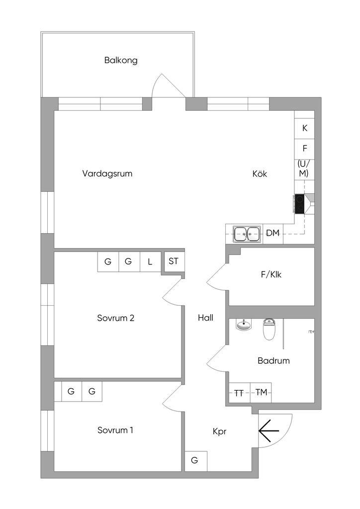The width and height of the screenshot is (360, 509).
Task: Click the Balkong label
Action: point(121,60)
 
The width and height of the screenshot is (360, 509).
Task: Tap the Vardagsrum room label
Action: point(107,173)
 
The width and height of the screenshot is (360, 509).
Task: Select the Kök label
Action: point(260,173)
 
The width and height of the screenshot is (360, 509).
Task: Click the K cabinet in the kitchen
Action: point(304,129)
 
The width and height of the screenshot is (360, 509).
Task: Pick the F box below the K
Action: point(304,149)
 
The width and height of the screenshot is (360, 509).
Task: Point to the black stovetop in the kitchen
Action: point(300,203)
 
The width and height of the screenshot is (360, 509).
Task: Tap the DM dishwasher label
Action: point(272,233)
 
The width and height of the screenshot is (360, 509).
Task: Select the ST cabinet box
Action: point(174,261)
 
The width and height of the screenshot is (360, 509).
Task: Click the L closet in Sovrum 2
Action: point(150,261)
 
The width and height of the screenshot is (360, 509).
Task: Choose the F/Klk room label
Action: point(271,274)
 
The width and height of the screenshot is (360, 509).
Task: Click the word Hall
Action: point(205,318)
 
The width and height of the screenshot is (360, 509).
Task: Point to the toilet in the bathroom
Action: point(269,329)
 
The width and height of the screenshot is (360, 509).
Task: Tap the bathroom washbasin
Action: point(243,325)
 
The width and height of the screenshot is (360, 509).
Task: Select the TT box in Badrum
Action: point(240,393)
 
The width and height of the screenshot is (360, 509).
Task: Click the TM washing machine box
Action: point(261,393)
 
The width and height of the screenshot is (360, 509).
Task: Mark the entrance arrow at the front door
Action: point(269,431)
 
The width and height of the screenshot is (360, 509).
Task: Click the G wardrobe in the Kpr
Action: point(196,461)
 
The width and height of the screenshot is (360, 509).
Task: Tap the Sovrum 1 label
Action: point(115,430)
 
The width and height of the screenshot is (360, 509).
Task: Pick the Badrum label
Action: point(273,361)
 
